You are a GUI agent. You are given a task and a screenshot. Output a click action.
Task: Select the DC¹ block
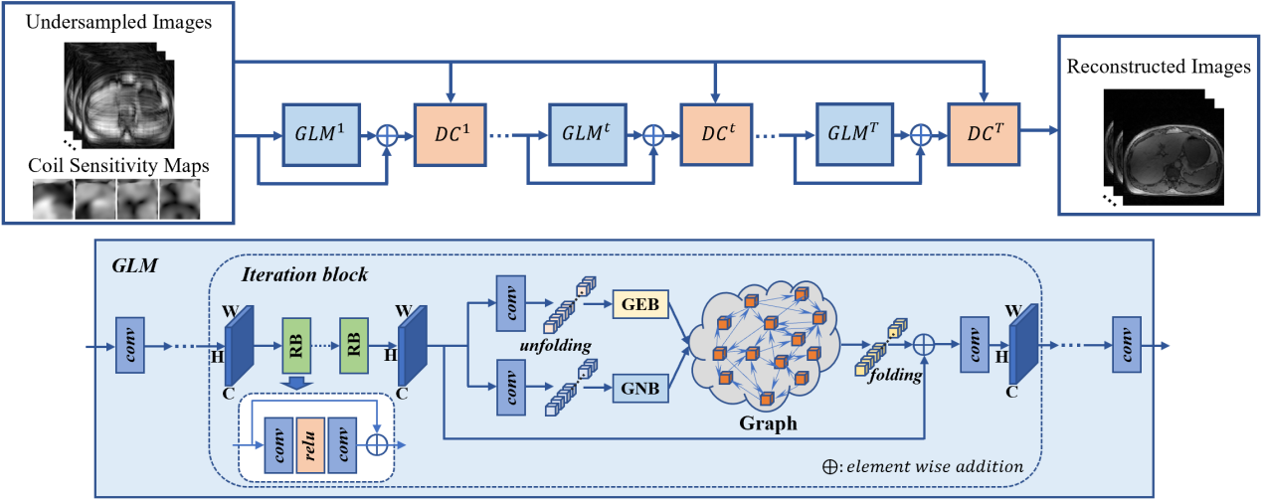[451, 134]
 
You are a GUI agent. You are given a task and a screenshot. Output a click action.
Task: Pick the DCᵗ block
[717, 134]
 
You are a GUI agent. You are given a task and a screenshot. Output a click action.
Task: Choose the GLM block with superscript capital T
[853, 134]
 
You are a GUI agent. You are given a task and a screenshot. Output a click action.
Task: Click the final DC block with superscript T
[983, 134]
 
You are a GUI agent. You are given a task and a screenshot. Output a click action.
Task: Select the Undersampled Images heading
[118, 23]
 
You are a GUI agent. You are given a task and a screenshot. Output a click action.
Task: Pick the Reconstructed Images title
[1159, 68]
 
